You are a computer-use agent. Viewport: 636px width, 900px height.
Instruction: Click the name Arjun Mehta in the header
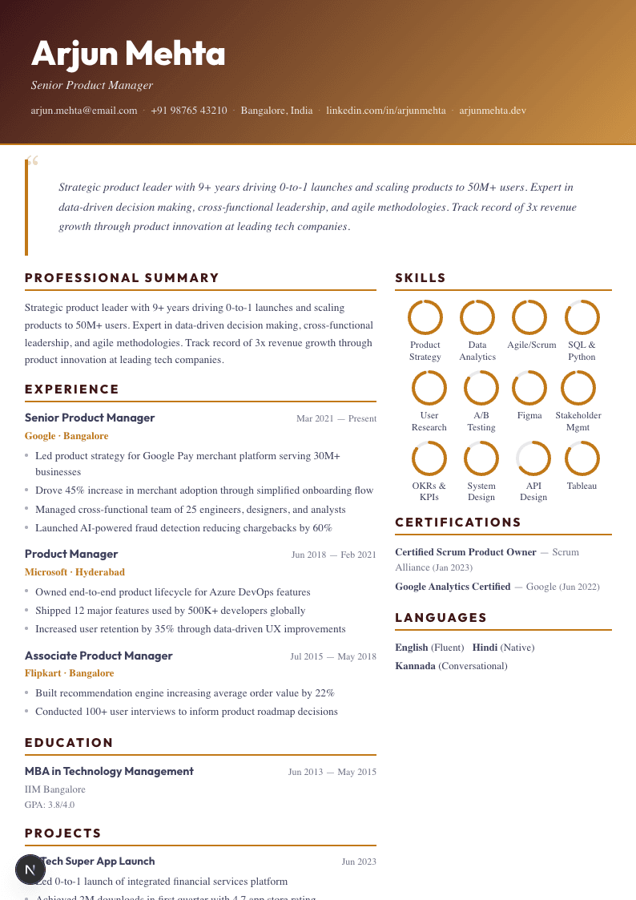point(128,54)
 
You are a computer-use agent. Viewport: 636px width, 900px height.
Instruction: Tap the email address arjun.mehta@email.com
point(84,111)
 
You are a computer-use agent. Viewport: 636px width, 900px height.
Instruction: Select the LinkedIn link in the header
point(385,111)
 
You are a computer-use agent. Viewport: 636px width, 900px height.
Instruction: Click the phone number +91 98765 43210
point(189,111)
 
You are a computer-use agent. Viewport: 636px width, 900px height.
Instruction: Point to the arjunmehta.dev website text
point(493,111)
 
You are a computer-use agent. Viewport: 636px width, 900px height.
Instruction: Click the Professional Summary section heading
point(122,278)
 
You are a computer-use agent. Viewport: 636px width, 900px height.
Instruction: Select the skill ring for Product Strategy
point(425,317)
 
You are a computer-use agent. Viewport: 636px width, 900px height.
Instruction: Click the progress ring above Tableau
point(582,458)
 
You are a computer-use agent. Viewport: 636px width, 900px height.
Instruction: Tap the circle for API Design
point(533,458)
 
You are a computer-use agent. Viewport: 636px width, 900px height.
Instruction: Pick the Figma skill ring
point(529,388)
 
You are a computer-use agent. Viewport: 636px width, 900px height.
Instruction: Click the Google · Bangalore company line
point(66,436)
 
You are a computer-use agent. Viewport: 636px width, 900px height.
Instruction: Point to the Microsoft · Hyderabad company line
point(74,572)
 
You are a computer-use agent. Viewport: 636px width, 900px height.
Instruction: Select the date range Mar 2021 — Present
point(336,418)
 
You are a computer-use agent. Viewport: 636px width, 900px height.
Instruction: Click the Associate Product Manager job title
point(99,656)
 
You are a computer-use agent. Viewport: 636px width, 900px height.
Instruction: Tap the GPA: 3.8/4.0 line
point(50,805)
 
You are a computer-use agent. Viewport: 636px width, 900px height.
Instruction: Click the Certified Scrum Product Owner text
point(465,552)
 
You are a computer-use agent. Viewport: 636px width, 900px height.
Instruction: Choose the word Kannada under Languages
point(415,666)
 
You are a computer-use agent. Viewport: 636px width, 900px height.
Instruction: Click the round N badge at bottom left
point(30,870)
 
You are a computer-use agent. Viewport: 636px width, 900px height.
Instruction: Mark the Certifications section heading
point(458,523)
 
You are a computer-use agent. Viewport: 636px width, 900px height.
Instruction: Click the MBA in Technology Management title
point(109,771)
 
